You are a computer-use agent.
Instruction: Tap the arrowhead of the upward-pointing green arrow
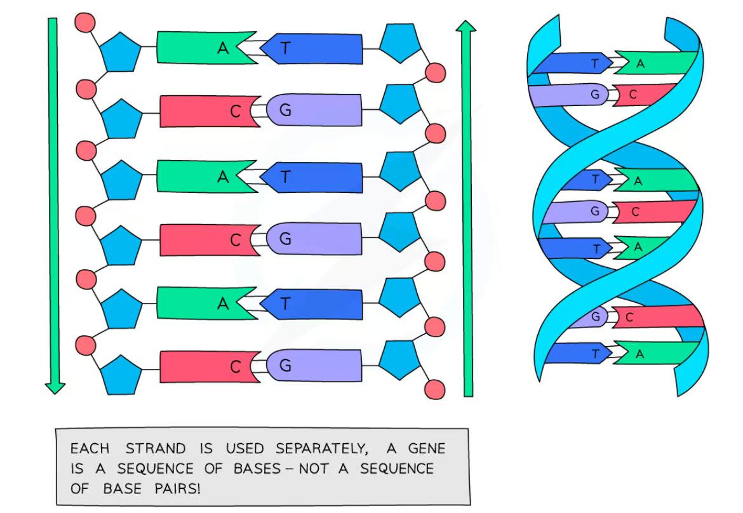point(467,27)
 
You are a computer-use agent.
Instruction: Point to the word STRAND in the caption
point(156,449)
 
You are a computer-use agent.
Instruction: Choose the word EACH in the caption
point(90,449)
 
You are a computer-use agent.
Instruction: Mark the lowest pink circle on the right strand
point(435,389)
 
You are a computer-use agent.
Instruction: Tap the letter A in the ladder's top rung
point(223,48)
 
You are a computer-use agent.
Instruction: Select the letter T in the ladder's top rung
point(285,48)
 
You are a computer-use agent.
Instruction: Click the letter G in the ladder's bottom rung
point(285,365)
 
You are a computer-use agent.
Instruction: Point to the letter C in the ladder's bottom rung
point(235,366)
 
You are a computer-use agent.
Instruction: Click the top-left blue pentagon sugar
point(120,53)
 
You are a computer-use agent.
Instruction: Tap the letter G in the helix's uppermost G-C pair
point(595,94)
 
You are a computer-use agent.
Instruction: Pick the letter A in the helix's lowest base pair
point(639,354)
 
